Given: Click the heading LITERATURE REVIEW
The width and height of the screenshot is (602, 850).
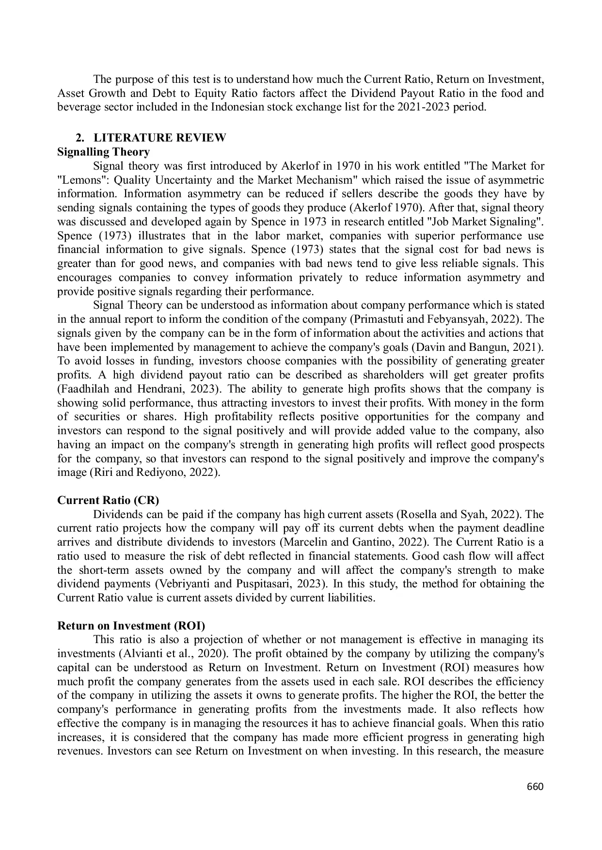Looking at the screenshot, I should click(159, 138).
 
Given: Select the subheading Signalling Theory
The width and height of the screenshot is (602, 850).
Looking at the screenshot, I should click(103, 152).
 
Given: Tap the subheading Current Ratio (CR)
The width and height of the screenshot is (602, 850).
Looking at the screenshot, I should click(108, 500).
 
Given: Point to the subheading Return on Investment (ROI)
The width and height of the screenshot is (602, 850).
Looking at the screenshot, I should click(131, 626).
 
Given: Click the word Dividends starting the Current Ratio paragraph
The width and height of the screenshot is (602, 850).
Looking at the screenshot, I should click(116, 514).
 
